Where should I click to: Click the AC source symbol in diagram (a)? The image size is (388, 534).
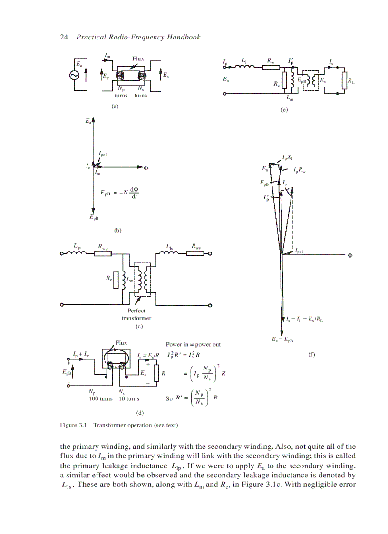pos(75,76)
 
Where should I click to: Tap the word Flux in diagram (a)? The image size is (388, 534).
pos(138,59)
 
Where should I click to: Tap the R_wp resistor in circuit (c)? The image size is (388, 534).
pos(103,253)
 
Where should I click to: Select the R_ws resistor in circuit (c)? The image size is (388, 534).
pos(195,253)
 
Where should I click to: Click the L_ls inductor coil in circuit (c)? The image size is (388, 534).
pos(169,253)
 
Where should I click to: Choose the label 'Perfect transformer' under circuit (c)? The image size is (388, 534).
pos(136,314)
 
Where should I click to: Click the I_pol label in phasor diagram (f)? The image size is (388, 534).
pos(300,250)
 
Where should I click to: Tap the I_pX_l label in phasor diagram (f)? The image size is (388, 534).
pos(288,157)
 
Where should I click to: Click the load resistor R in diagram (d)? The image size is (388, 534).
pos(156,373)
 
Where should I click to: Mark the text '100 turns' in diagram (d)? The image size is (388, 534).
pos(101,398)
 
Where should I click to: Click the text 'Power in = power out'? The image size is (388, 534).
pos(193,344)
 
